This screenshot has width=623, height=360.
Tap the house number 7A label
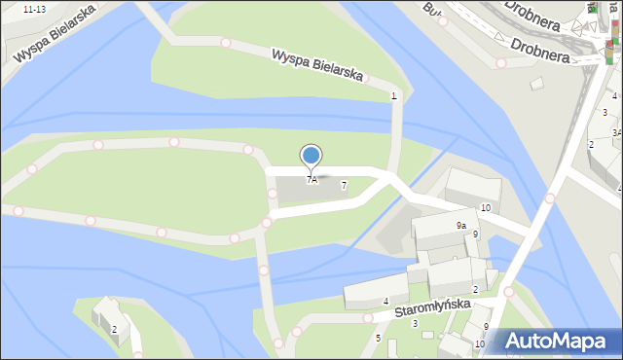click(x=311, y=180)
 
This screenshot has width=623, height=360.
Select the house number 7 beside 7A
click(x=344, y=186)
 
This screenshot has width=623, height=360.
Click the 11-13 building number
click(x=33, y=9)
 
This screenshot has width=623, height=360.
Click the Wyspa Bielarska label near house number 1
click(x=317, y=65)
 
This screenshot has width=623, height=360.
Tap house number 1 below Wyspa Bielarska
click(x=393, y=95)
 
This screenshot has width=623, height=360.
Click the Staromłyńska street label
click(x=433, y=309)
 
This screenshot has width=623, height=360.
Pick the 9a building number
click(x=461, y=225)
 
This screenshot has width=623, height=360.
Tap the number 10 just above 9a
click(x=485, y=209)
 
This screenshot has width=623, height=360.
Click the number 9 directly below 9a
click(x=475, y=234)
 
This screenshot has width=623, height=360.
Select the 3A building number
click(x=616, y=132)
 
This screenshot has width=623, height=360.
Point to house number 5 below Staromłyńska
click(x=378, y=338)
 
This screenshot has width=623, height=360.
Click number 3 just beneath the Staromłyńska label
click(x=415, y=324)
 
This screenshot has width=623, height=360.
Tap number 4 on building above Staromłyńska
click(x=385, y=302)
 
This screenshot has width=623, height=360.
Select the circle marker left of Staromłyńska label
click(x=368, y=318)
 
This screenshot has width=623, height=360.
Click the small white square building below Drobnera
click(x=536, y=84)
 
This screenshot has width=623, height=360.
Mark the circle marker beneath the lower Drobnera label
click(x=501, y=63)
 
